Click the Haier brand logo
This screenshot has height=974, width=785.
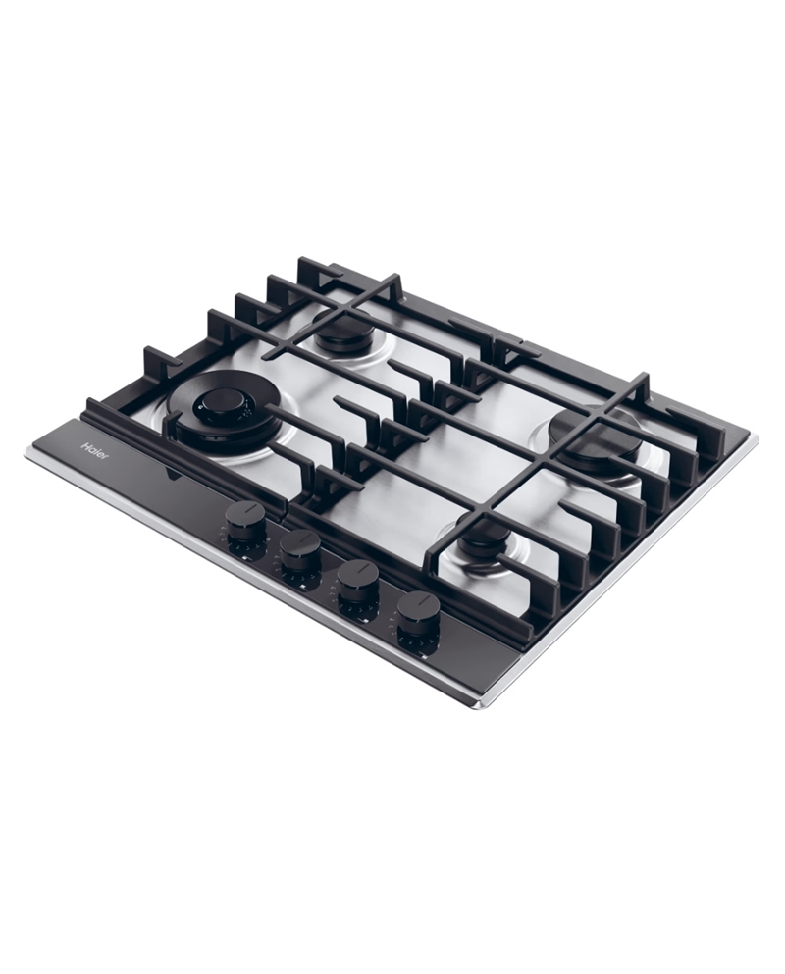[x=95, y=452]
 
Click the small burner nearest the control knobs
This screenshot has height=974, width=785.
[x=482, y=538]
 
